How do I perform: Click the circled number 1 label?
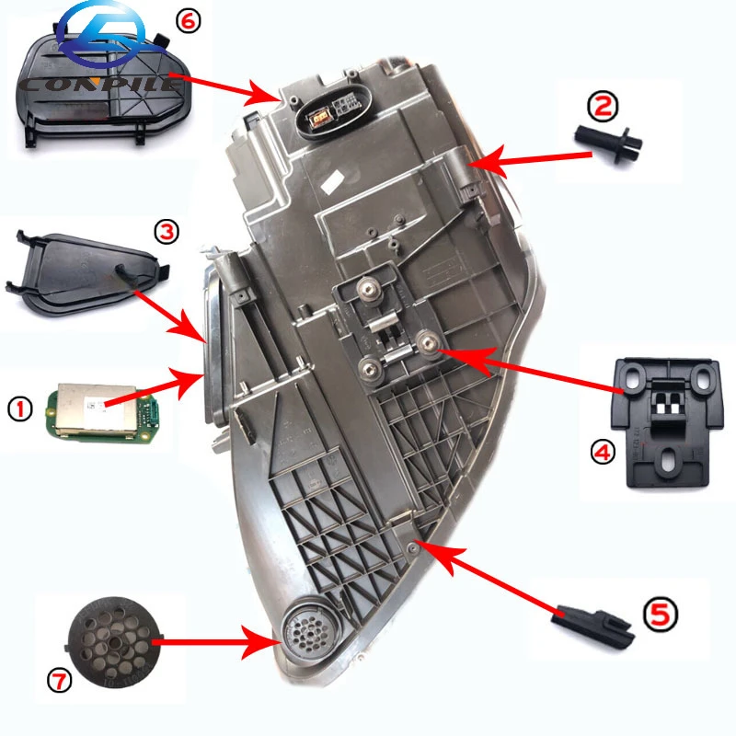(x=20, y=406)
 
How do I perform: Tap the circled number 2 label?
(x=602, y=108)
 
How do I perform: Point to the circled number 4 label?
(x=601, y=453)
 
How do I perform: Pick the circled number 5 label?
(x=661, y=611)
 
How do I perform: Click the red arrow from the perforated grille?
(x=213, y=641)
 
